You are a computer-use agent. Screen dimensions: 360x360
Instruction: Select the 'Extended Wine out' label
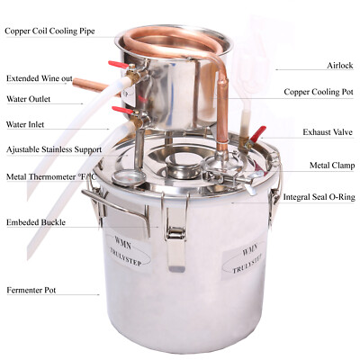(x=39, y=77)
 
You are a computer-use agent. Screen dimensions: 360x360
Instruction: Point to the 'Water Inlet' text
(x=26, y=126)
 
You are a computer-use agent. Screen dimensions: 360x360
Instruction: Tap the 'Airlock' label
(x=319, y=66)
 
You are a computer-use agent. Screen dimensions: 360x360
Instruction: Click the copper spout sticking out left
(x=90, y=86)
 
